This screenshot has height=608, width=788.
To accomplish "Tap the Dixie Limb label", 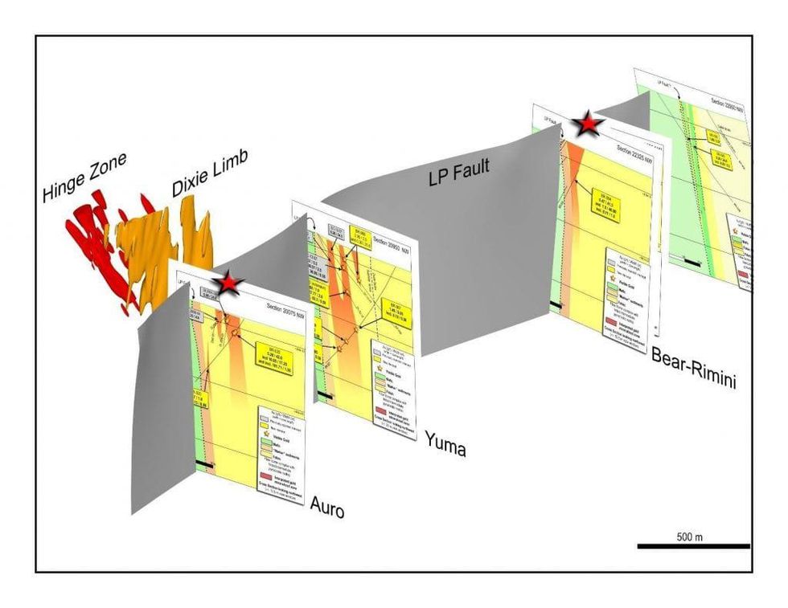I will click(209, 176).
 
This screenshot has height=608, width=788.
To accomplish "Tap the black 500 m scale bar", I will click(693, 546).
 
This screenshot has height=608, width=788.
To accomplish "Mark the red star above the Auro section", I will click(229, 282).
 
